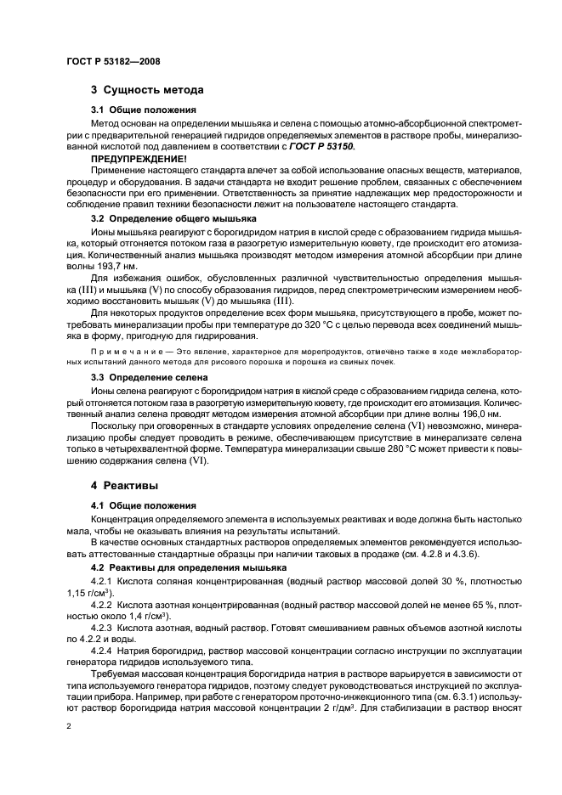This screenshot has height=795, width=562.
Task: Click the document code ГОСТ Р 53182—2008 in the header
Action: [x=112, y=61]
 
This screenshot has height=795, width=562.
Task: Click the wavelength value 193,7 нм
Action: [x=108, y=266]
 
